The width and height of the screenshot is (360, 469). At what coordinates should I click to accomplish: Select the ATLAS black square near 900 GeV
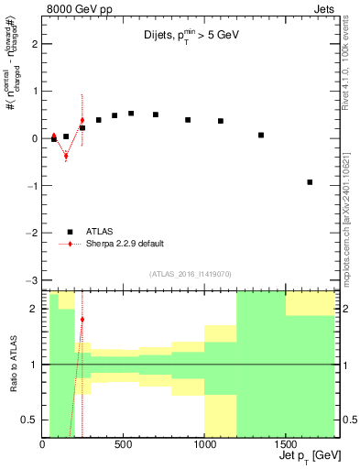pyautogui.click(x=188, y=120)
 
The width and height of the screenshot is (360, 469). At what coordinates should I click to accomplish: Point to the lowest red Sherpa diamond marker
pyautogui.click(x=66, y=156)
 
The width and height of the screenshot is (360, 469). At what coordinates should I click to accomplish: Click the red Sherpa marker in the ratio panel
pyautogui.click(x=82, y=320)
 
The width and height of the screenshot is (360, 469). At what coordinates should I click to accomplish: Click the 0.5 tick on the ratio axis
pyautogui.click(x=30, y=420)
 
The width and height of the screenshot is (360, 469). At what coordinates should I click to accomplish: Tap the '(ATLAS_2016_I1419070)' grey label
pyautogui.click(x=190, y=273)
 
